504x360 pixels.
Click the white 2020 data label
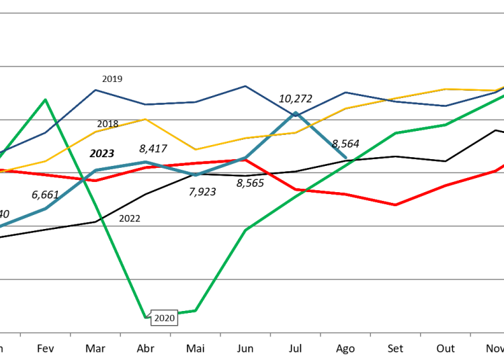coord(164,318)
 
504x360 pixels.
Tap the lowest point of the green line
coord(146,317)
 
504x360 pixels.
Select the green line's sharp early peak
coord(45,99)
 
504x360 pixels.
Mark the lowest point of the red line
coord(396,205)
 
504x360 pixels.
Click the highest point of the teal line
coord(295,113)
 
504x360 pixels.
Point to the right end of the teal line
coord(345,158)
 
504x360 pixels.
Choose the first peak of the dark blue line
coord(95,89)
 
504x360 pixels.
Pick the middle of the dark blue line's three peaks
coord(245,86)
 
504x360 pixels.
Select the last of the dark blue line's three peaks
coord(345,92)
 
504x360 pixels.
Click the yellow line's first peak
coord(145,119)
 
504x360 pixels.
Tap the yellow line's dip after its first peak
coord(196,149)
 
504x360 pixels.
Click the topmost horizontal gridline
coord(252,13)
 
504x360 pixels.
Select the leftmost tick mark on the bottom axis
coord(20,334)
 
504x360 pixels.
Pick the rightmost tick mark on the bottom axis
coord(470,334)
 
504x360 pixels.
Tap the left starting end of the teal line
coord(1,226)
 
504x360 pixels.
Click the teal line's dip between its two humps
coord(196,175)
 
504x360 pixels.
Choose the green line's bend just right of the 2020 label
coord(196,310)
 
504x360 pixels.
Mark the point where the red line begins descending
coord(245,160)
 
